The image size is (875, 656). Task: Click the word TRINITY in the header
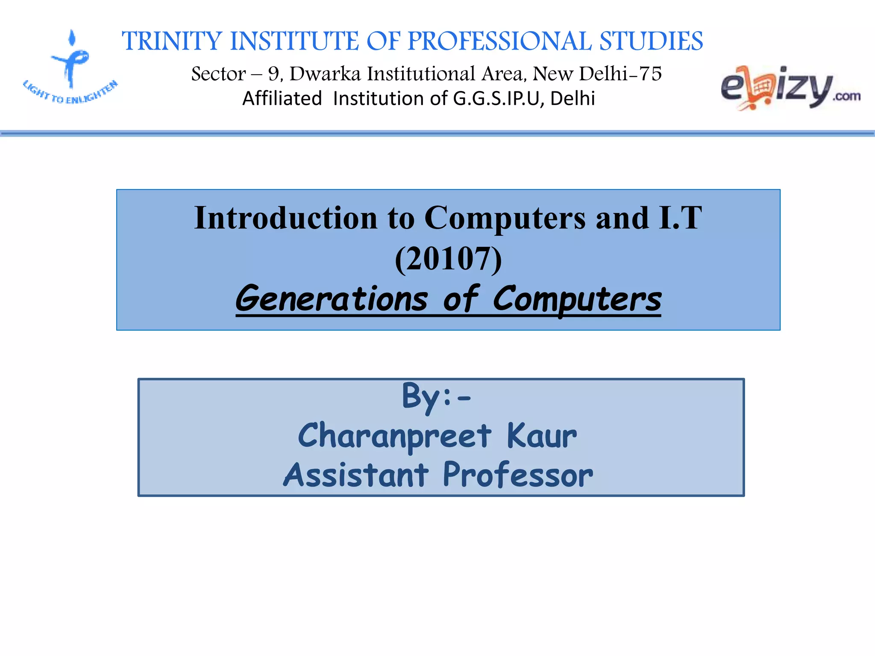(171, 41)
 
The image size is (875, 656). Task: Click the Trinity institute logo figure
(71, 59)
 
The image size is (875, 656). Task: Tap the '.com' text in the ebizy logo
(846, 97)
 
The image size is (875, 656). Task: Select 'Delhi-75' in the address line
(620, 74)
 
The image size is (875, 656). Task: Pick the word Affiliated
(282, 99)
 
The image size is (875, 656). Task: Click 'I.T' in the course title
(680, 218)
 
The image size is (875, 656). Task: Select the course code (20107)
(448, 259)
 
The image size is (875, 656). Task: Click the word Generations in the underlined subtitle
(332, 299)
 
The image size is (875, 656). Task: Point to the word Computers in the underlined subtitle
(577, 299)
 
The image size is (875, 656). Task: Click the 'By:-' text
(436, 396)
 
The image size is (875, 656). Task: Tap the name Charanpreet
(395, 436)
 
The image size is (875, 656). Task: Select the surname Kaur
(541, 436)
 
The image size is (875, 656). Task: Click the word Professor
(518, 475)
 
